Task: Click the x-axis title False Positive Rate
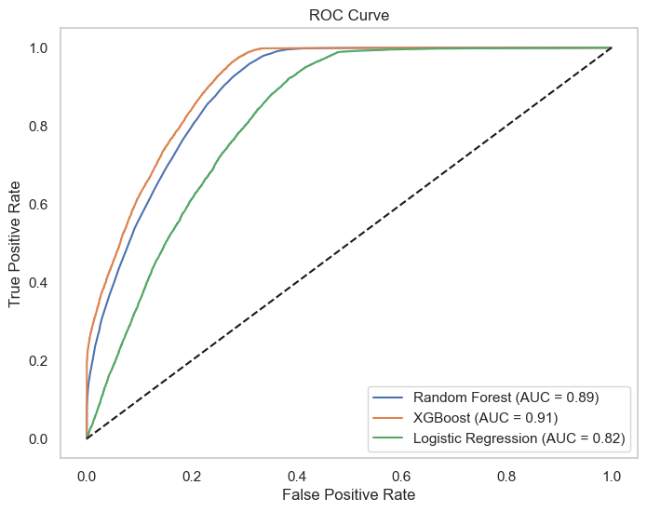(349, 493)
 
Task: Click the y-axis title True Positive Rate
(15, 243)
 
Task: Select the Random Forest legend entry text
(505, 397)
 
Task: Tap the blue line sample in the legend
(388, 397)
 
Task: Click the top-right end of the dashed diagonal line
(611, 47)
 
